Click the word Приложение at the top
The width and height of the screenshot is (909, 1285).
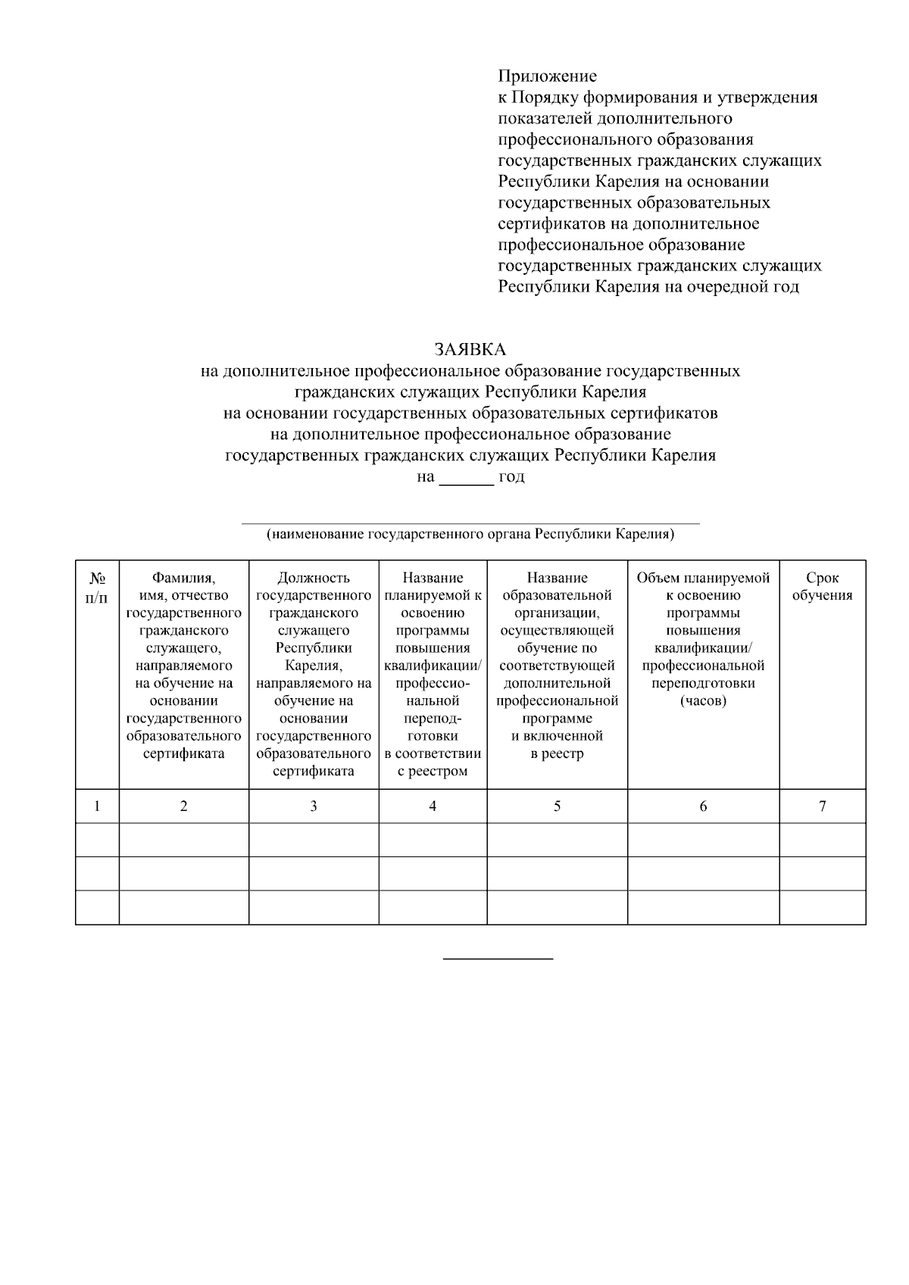(x=547, y=76)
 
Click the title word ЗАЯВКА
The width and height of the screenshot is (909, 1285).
(x=470, y=349)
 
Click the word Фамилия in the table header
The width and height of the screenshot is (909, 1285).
(x=183, y=578)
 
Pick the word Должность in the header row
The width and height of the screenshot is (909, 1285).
(x=314, y=578)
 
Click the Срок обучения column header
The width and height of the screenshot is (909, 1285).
(x=822, y=586)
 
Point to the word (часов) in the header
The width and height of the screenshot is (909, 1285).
(x=703, y=700)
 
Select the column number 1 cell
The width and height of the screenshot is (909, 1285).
(x=97, y=806)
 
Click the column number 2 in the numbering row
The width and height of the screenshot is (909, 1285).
(x=183, y=806)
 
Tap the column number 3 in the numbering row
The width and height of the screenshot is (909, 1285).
(x=314, y=806)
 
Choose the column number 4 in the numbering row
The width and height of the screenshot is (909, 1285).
(x=433, y=806)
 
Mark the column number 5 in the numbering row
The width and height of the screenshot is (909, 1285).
(x=557, y=806)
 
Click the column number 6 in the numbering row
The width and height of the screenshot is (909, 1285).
(x=703, y=806)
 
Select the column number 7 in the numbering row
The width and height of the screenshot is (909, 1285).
(x=822, y=806)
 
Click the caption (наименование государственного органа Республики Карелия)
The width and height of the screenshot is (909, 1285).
(x=470, y=535)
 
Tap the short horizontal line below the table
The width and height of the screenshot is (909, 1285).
(x=498, y=959)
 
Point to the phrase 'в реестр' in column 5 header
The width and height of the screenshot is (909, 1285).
(x=557, y=753)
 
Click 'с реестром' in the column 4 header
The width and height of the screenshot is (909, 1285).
(x=433, y=772)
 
